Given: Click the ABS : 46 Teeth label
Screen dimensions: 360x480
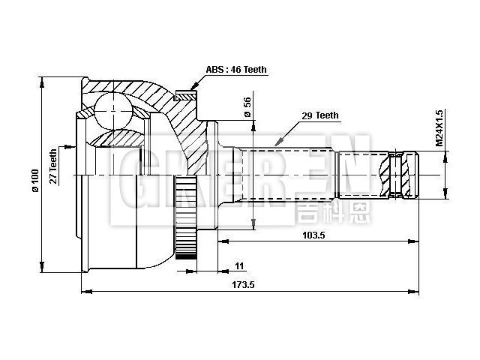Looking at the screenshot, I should pyautogui.click(x=236, y=70).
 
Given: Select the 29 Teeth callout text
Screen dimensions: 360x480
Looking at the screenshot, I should pyautogui.click(x=319, y=115).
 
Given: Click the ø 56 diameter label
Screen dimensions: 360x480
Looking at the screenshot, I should pyautogui.click(x=247, y=108).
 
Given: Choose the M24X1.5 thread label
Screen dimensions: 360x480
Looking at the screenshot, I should pyautogui.click(x=440, y=127).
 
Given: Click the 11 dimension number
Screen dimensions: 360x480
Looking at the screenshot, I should pyautogui.click(x=239, y=266).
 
